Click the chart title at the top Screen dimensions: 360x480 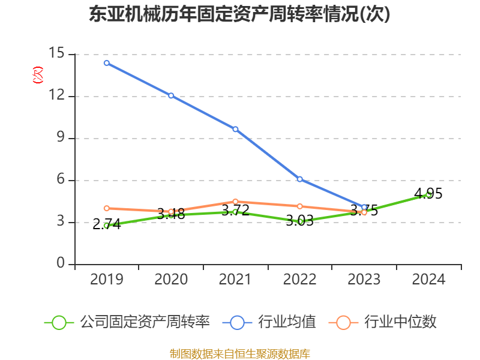pyautogui.click(x=239, y=14)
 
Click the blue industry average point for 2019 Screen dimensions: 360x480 pyautogui.click(x=106, y=62)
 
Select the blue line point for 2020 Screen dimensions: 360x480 pyautogui.click(x=171, y=95)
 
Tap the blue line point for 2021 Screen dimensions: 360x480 pyautogui.click(x=235, y=129)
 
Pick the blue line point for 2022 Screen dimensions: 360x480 pyautogui.click(x=299, y=179)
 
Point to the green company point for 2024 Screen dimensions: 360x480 pyautogui.click(x=428, y=194)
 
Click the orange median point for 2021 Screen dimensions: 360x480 pyautogui.click(x=235, y=202)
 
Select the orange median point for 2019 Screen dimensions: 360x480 pyautogui.click(x=106, y=208)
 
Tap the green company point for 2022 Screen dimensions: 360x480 pyautogui.click(x=299, y=221)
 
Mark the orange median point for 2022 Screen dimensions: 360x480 pyautogui.click(x=299, y=206)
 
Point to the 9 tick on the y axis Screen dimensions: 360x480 pyautogui.click(x=61, y=138)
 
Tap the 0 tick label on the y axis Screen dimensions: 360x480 pyautogui.click(x=61, y=264)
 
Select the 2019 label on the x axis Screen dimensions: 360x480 pyautogui.click(x=106, y=279)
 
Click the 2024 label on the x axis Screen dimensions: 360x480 pyautogui.click(x=428, y=279)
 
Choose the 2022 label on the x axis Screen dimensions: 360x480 pyautogui.click(x=299, y=279)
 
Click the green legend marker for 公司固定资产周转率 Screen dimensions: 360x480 pyautogui.click(x=59, y=322)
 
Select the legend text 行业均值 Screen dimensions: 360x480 pyautogui.click(x=287, y=322)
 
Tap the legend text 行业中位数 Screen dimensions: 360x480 pyautogui.click(x=403, y=322)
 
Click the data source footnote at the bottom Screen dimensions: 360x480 pyautogui.click(x=239, y=353)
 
